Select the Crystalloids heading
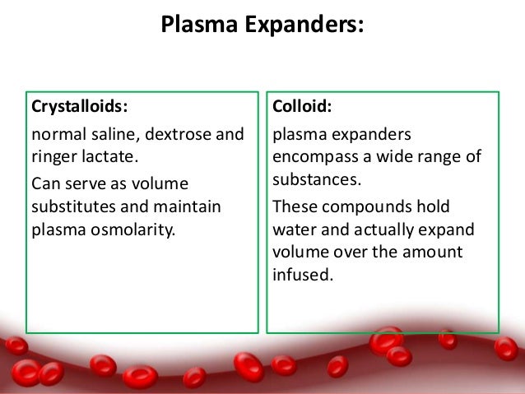(x=79, y=106)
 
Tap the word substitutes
(x=72, y=205)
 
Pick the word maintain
(x=190, y=205)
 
